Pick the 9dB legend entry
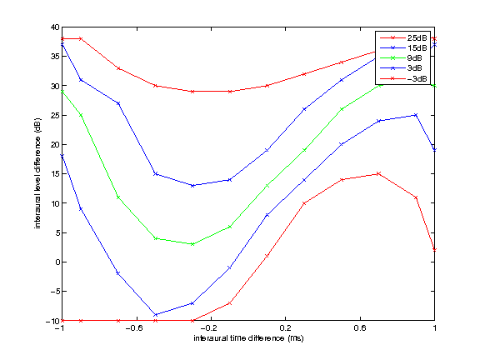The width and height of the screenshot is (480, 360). (x=416, y=58)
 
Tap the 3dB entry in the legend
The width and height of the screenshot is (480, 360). (x=416, y=68)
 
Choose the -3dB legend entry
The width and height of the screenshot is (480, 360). (x=416, y=78)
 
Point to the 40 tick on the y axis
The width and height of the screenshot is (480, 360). (x=51, y=27)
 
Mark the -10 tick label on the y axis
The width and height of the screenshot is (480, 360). (x=49, y=321)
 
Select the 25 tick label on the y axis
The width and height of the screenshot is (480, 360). (x=51, y=115)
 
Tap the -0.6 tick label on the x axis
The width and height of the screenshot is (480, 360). (x=133, y=330)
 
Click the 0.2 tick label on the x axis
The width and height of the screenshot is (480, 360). (x=285, y=330)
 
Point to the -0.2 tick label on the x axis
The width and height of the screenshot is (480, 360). (x=208, y=330)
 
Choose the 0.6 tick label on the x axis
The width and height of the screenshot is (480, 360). (x=360, y=330)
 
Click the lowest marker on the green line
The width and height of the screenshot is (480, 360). (x=192, y=244)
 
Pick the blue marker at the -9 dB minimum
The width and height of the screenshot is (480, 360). (x=155, y=315)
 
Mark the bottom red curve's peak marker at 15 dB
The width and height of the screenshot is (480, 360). (x=379, y=173)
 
